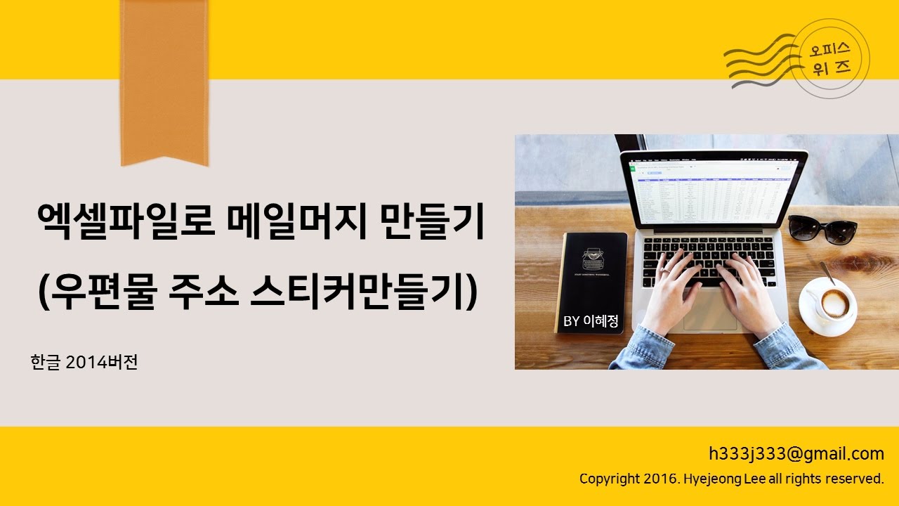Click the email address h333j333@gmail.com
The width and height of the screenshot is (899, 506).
click(x=796, y=453)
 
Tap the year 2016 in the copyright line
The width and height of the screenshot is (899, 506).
click(x=660, y=479)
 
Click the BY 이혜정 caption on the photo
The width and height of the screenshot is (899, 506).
click(x=591, y=321)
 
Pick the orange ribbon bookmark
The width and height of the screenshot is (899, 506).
click(x=164, y=81)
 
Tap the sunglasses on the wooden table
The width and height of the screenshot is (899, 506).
click(x=822, y=228)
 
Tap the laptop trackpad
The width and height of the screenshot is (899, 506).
click(x=709, y=313)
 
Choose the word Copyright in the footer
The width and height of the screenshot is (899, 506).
click(x=609, y=479)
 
